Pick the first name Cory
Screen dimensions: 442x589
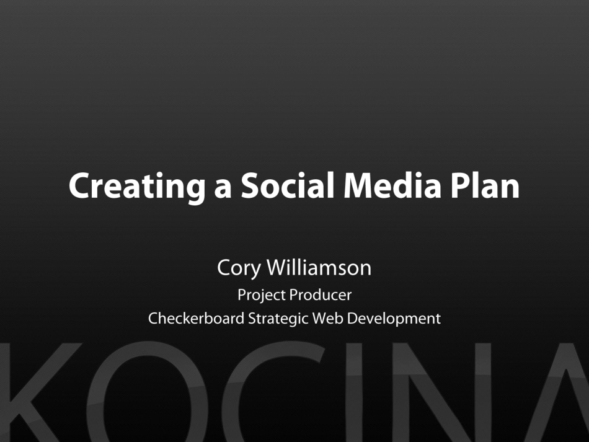click(x=239, y=268)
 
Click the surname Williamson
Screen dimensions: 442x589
click(x=319, y=268)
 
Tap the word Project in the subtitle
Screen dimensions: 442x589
click(x=261, y=295)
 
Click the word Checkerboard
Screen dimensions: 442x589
click(x=196, y=319)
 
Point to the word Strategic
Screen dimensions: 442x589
click(x=278, y=319)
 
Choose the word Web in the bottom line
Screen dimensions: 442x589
click(x=327, y=319)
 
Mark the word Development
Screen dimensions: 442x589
click(x=394, y=319)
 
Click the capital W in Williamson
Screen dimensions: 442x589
click(x=277, y=268)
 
